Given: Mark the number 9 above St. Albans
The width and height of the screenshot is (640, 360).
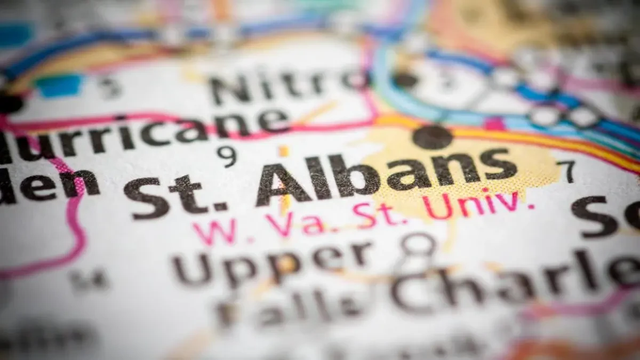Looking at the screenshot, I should click(x=226, y=156).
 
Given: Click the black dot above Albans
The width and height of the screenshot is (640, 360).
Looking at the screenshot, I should click(x=433, y=137).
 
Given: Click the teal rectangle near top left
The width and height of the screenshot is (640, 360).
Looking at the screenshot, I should click(x=60, y=85).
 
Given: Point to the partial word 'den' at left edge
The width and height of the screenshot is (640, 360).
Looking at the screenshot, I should click(x=48, y=186).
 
